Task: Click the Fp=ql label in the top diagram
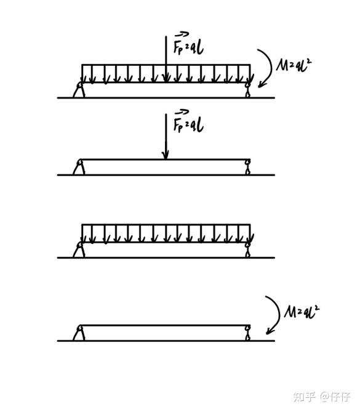pos(188,47)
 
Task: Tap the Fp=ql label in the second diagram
pos(188,124)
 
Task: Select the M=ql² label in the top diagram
pos(294,65)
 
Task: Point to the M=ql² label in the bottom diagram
pos(301,312)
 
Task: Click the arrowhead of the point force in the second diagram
pos(166,155)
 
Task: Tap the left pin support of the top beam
pos(79,89)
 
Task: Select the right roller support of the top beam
pos(247,90)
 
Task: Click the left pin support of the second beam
pos(79,167)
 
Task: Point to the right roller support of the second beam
pos(247,167)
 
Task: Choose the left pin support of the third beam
pos(79,249)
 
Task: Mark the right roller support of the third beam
pos(247,250)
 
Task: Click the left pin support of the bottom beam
pos(79,333)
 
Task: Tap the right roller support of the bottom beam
pos(247,333)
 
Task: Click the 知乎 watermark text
pos(305,397)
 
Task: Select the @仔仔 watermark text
pos(335,397)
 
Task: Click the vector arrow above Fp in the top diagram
pos(182,34)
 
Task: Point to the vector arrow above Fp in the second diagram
pos(182,111)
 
